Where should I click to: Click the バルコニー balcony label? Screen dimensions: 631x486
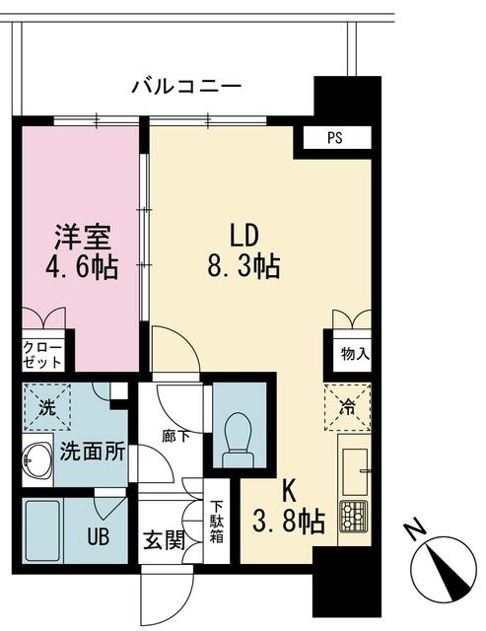point(187,87)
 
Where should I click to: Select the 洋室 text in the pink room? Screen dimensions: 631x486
point(83,237)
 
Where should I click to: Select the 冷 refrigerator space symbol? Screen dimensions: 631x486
point(349,405)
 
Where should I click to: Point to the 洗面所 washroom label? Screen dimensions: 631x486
point(92,453)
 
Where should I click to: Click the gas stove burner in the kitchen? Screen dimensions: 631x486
point(353,514)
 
